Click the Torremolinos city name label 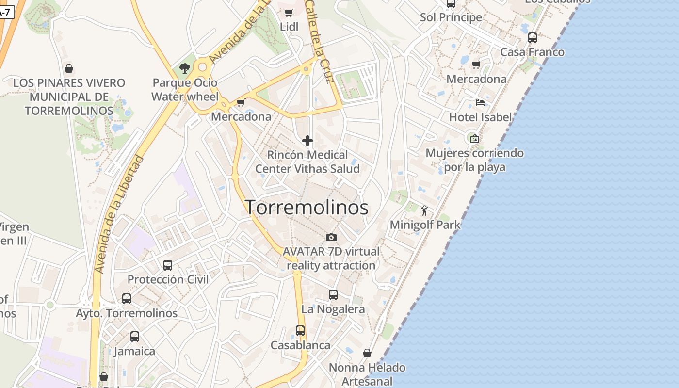point(307,208)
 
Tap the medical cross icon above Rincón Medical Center point(307,141)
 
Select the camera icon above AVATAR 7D point(331,237)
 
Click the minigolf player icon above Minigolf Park point(425,210)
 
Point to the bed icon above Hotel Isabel point(480,103)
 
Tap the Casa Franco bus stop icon point(533,38)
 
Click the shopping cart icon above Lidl point(289,13)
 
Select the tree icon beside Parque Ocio point(184,68)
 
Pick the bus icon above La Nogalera point(333,295)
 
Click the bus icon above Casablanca point(300,331)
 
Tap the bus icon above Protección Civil point(168,265)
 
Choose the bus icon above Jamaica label point(134,337)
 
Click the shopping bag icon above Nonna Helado point(367,353)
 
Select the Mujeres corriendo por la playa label point(474,160)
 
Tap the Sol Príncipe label point(451,17)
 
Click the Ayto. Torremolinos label point(127,313)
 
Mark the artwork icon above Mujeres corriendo point(474,139)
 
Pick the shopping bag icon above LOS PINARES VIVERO point(69,68)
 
